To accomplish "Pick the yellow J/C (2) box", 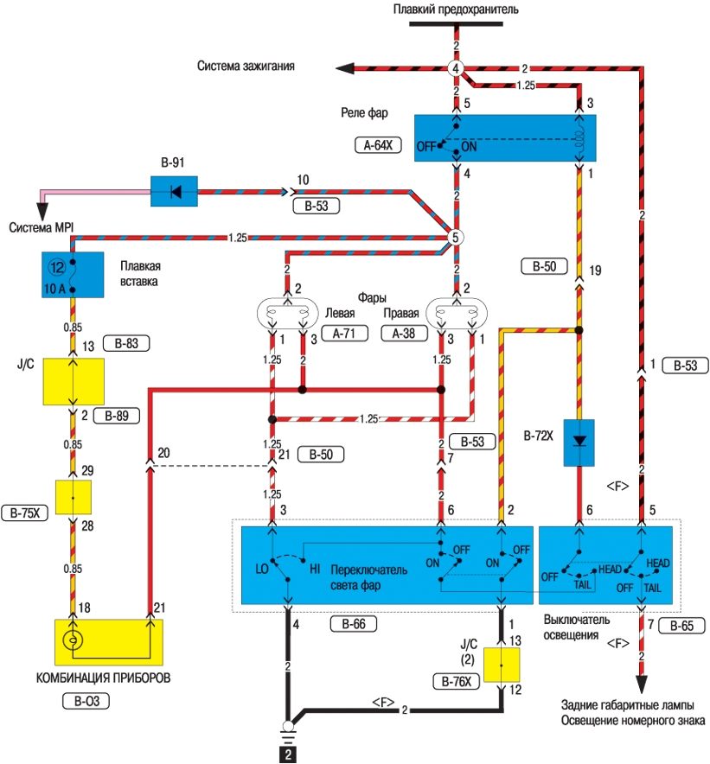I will click(x=502, y=665).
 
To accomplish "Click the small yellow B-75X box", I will click(x=74, y=499).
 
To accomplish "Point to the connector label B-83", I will click(x=126, y=343).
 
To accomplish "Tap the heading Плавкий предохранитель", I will click(x=456, y=10).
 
